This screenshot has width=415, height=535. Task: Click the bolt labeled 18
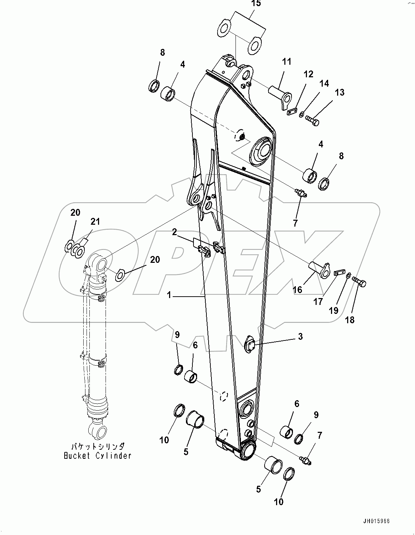tap(359, 282)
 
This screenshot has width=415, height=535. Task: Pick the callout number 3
tap(300, 337)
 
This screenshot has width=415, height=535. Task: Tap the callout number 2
tap(174, 232)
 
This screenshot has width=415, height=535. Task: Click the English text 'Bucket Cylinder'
tap(97, 456)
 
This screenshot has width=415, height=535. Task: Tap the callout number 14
tap(324, 84)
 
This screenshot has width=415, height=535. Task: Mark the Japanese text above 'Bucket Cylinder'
tap(97, 446)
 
